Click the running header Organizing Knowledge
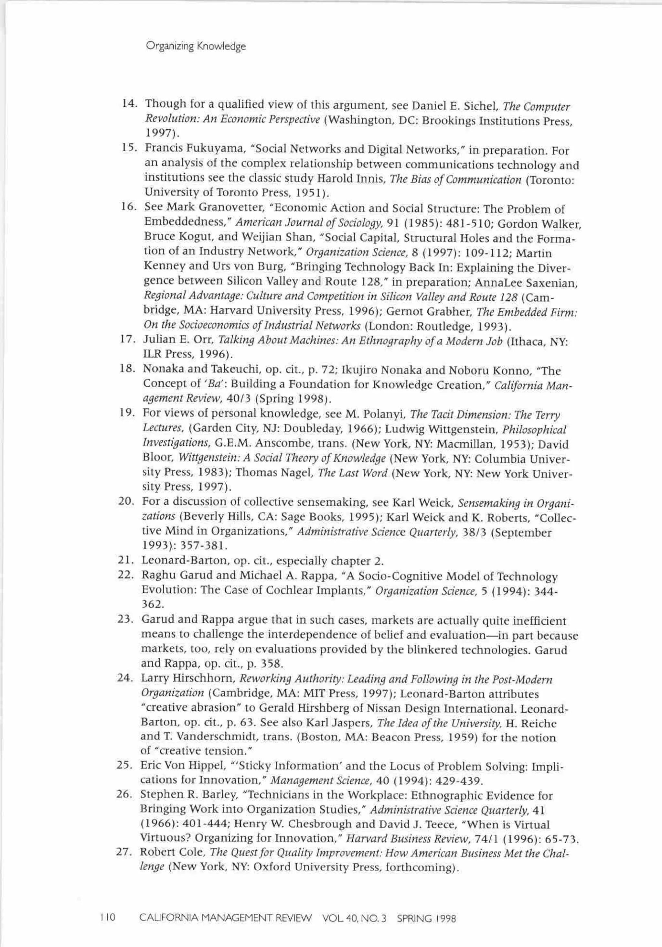[x=196, y=46]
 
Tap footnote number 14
[x=130, y=103]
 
